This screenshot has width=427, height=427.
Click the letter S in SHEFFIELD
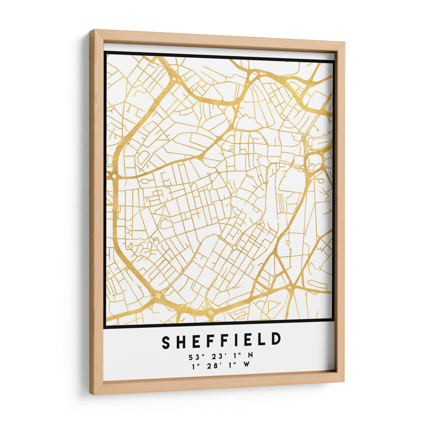pos(167,340)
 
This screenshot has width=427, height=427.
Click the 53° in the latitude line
pos(195,357)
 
